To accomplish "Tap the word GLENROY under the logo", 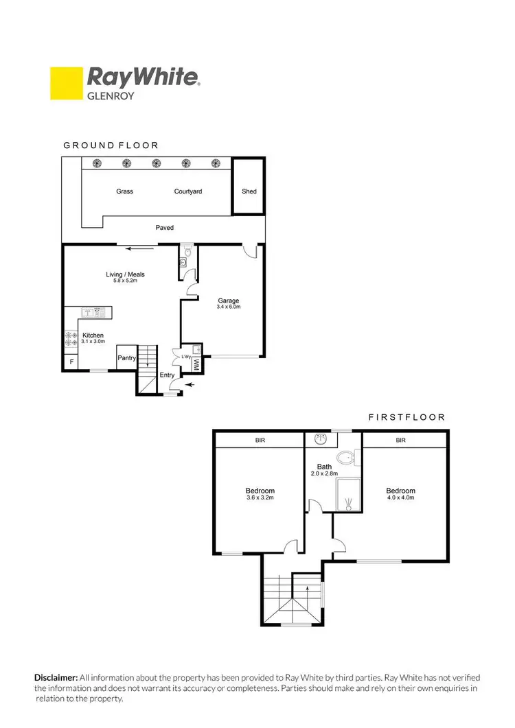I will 108,97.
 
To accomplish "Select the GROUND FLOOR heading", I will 111,145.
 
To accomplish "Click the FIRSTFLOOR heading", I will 407,416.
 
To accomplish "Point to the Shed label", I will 249,191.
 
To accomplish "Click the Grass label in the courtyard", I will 124,191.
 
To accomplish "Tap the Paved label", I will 165,228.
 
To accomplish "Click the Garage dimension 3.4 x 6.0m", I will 229,307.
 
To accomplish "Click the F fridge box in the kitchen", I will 71,362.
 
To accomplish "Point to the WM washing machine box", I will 196,364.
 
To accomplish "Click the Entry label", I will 167,375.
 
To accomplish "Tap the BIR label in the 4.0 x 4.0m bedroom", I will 400,440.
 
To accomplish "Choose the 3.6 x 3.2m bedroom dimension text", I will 260,498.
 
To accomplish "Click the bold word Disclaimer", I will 56,677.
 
